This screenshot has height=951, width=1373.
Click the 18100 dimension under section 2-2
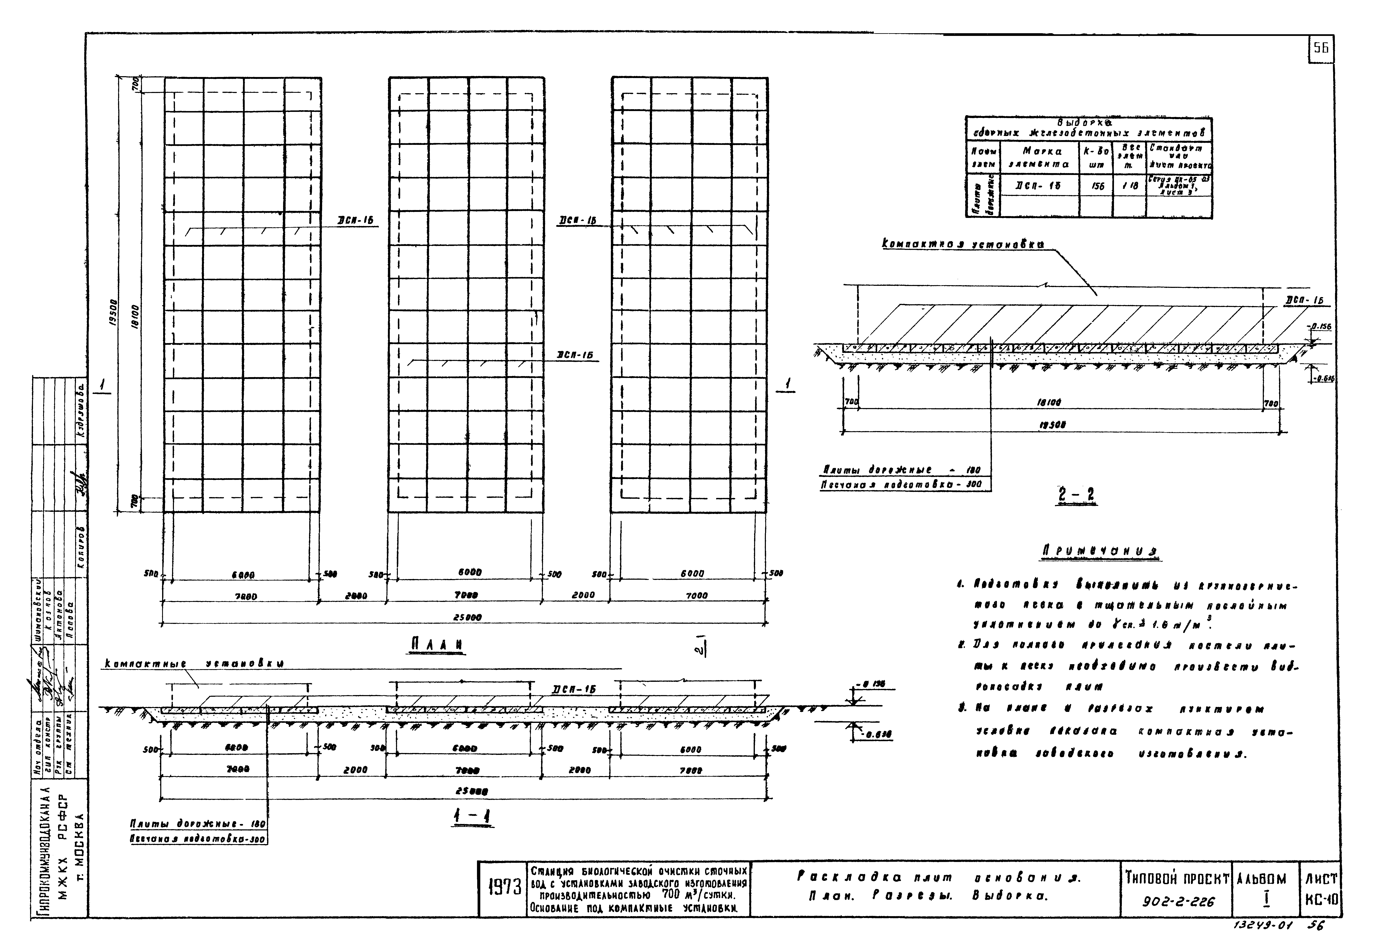tap(1049, 403)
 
